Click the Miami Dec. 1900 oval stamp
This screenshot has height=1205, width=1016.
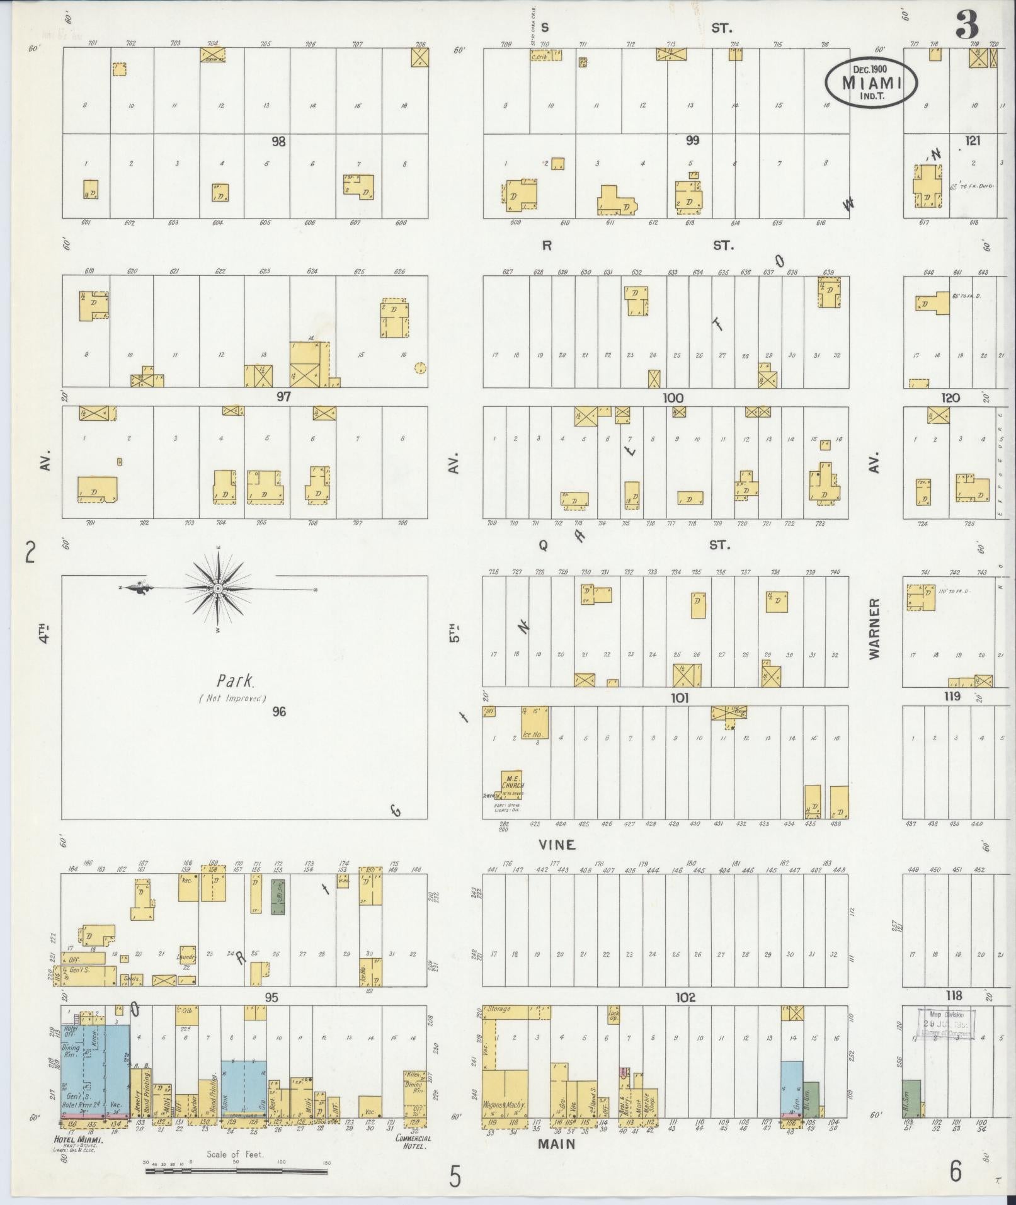[871, 83]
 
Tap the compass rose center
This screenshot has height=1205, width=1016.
[217, 588]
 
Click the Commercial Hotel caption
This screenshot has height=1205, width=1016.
[413, 1142]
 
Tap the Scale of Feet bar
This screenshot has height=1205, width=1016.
[236, 1171]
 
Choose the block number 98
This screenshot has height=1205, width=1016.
[278, 142]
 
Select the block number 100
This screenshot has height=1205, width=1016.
[673, 398]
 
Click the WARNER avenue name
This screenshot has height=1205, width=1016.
[874, 629]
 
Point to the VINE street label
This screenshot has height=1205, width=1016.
[557, 845]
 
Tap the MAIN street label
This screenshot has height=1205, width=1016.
[557, 1143]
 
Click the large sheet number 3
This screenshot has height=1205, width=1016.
[966, 27]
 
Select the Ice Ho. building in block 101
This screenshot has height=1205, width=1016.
[534, 723]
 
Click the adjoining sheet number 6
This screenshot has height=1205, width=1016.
[956, 1173]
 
